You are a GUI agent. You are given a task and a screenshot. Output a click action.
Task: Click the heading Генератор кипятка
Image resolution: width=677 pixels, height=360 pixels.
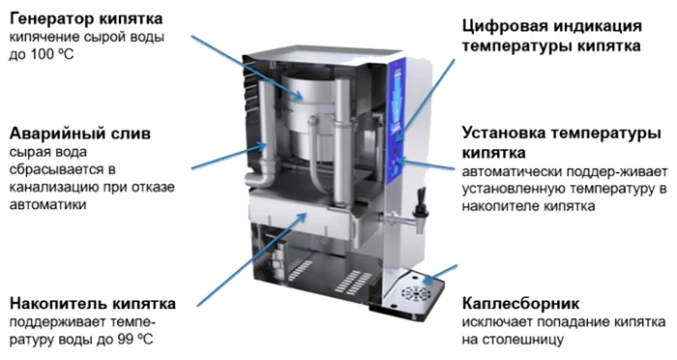[x=86, y=19]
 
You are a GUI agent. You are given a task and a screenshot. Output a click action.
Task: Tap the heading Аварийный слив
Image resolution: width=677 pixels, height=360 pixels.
[x=80, y=134]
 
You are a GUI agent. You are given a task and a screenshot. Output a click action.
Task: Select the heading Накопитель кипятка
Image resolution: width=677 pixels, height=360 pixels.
[x=93, y=304]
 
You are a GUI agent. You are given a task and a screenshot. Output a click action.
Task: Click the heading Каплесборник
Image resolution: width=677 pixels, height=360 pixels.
[x=520, y=304]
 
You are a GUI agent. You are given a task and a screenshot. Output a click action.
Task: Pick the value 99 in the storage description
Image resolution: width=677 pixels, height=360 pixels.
[x=126, y=340]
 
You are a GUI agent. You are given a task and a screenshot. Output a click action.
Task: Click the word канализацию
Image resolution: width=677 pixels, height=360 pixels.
[x=48, y=188]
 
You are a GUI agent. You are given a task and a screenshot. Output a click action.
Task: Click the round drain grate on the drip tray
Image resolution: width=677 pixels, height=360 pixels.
[x=415, y=294]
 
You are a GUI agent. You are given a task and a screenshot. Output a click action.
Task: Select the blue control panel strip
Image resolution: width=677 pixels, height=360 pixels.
[x=397, y=122]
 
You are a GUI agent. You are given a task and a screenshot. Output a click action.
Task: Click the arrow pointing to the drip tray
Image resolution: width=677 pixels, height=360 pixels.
[x=439, y=275]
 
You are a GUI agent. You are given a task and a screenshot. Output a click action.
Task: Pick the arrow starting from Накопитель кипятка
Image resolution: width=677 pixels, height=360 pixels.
[x=252, y=259]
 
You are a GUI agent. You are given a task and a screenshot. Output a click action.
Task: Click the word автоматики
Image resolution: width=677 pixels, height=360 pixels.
[x=48, y=204]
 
